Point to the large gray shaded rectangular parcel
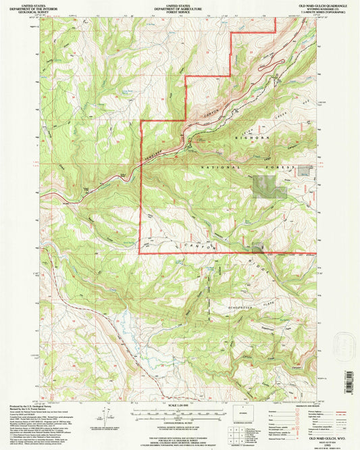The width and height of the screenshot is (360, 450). (265, 186)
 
